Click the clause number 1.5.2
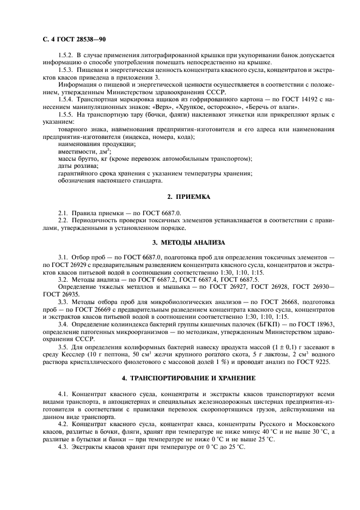pos(66,56)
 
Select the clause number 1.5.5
pos(66,115)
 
